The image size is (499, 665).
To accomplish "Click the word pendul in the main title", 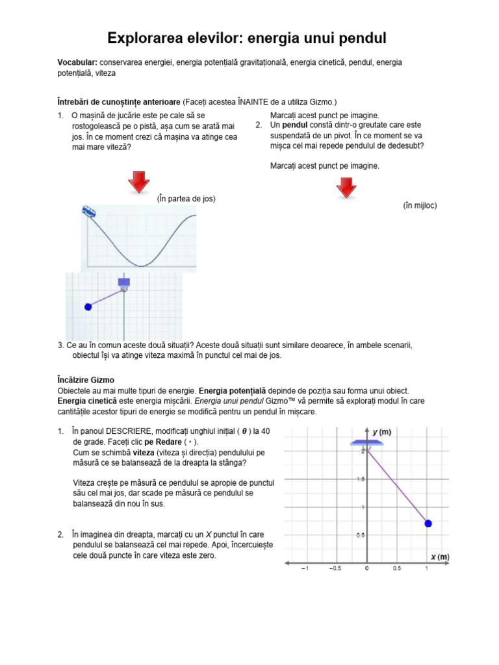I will tap(361, 39).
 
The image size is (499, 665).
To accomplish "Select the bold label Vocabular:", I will tap(77, 62).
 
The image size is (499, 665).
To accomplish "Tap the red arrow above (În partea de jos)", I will tap(138, 182).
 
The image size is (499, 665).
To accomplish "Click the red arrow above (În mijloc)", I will tap(345, 188).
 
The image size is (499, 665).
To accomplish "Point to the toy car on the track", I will tap(90, 212).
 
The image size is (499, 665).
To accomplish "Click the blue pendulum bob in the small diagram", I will tap(88, 307).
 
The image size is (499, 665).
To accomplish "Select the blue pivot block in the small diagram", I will tap(123, 282).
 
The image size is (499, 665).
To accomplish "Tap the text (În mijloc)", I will tap(420, 205).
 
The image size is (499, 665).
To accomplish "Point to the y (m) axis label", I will tap(381, 431).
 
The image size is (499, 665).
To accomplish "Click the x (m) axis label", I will tap(440, 557).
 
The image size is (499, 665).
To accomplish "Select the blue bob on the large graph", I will tap(428, 523).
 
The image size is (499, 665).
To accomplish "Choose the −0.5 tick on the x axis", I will tap(335, 568).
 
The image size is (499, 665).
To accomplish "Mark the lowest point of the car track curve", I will tap(142, 266).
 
